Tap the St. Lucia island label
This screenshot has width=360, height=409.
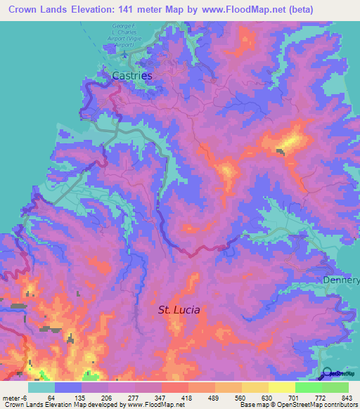pos(179,309)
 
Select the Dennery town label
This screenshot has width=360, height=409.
pos(341,280)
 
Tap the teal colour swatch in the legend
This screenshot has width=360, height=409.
pos(41,387)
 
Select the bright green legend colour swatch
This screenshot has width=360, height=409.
pos(308,387)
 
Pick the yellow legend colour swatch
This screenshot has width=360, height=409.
pos(281,387)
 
